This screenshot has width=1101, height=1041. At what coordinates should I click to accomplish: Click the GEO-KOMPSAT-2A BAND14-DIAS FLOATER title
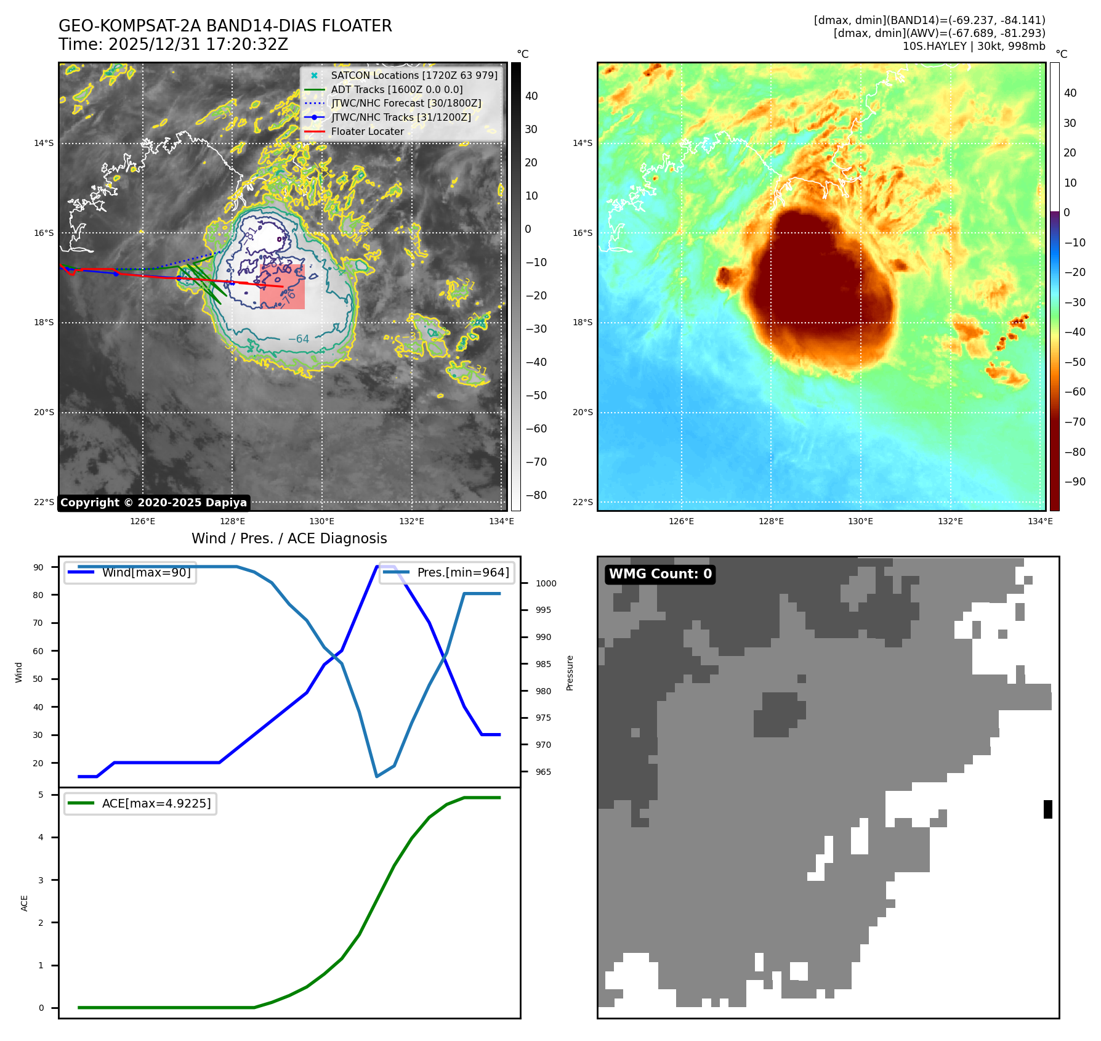tap(225, 26)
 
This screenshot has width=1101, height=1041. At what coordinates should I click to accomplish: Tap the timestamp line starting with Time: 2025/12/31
tap(173, 44)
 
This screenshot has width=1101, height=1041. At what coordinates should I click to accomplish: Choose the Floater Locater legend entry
tap(367, 131)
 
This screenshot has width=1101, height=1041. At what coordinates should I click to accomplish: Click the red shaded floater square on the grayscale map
tap(283, 286)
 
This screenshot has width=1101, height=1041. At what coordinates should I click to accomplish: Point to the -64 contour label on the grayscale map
tap(299, 339)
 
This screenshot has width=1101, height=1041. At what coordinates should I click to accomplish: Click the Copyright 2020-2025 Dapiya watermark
tap(153, 503)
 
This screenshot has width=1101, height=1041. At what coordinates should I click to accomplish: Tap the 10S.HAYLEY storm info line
tap(974, 46)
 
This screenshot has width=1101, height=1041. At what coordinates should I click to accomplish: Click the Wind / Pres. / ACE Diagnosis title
tap(289, 538)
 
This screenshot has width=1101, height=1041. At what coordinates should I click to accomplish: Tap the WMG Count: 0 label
tap(660, 574)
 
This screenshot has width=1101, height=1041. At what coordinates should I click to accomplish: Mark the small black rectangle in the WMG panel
tap(1048, 809)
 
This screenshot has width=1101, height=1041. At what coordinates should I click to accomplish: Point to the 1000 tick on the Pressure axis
tap(546, 583)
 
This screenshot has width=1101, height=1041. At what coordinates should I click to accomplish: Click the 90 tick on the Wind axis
tap(38, 567)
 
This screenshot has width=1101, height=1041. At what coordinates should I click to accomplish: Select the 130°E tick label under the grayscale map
tap(322, 521)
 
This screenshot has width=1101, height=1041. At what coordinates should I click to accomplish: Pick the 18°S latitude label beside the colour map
tap(583, 322)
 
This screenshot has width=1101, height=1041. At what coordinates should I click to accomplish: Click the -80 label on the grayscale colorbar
tap(536, 495)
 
